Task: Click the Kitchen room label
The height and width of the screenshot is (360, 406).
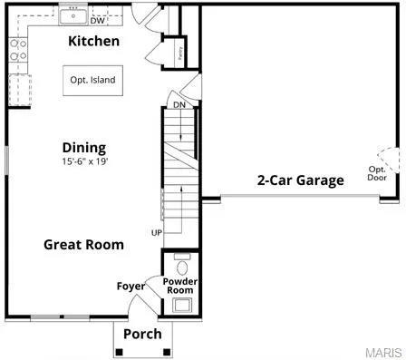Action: tap(93, 42)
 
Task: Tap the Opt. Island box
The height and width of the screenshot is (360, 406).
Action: tap(92, 80)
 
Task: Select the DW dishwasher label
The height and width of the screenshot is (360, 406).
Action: tap(96, 20)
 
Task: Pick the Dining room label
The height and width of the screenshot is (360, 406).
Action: tap(83, 147)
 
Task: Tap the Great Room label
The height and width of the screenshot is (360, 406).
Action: tap(84, 244)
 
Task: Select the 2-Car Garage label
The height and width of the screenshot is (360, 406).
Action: tap(300, 180)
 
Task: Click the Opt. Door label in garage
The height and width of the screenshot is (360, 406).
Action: tap(377, 173)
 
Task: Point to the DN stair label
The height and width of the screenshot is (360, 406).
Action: tap(179, 104)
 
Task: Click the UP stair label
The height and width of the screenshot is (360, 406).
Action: tap(156, 233)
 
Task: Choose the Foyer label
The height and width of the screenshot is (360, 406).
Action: tap(130, 287)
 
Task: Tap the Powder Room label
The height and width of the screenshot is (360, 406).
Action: tap(180, 287)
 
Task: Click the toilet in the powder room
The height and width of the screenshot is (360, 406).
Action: tap(181, 267)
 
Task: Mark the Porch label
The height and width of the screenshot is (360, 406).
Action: tap(142, 334)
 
